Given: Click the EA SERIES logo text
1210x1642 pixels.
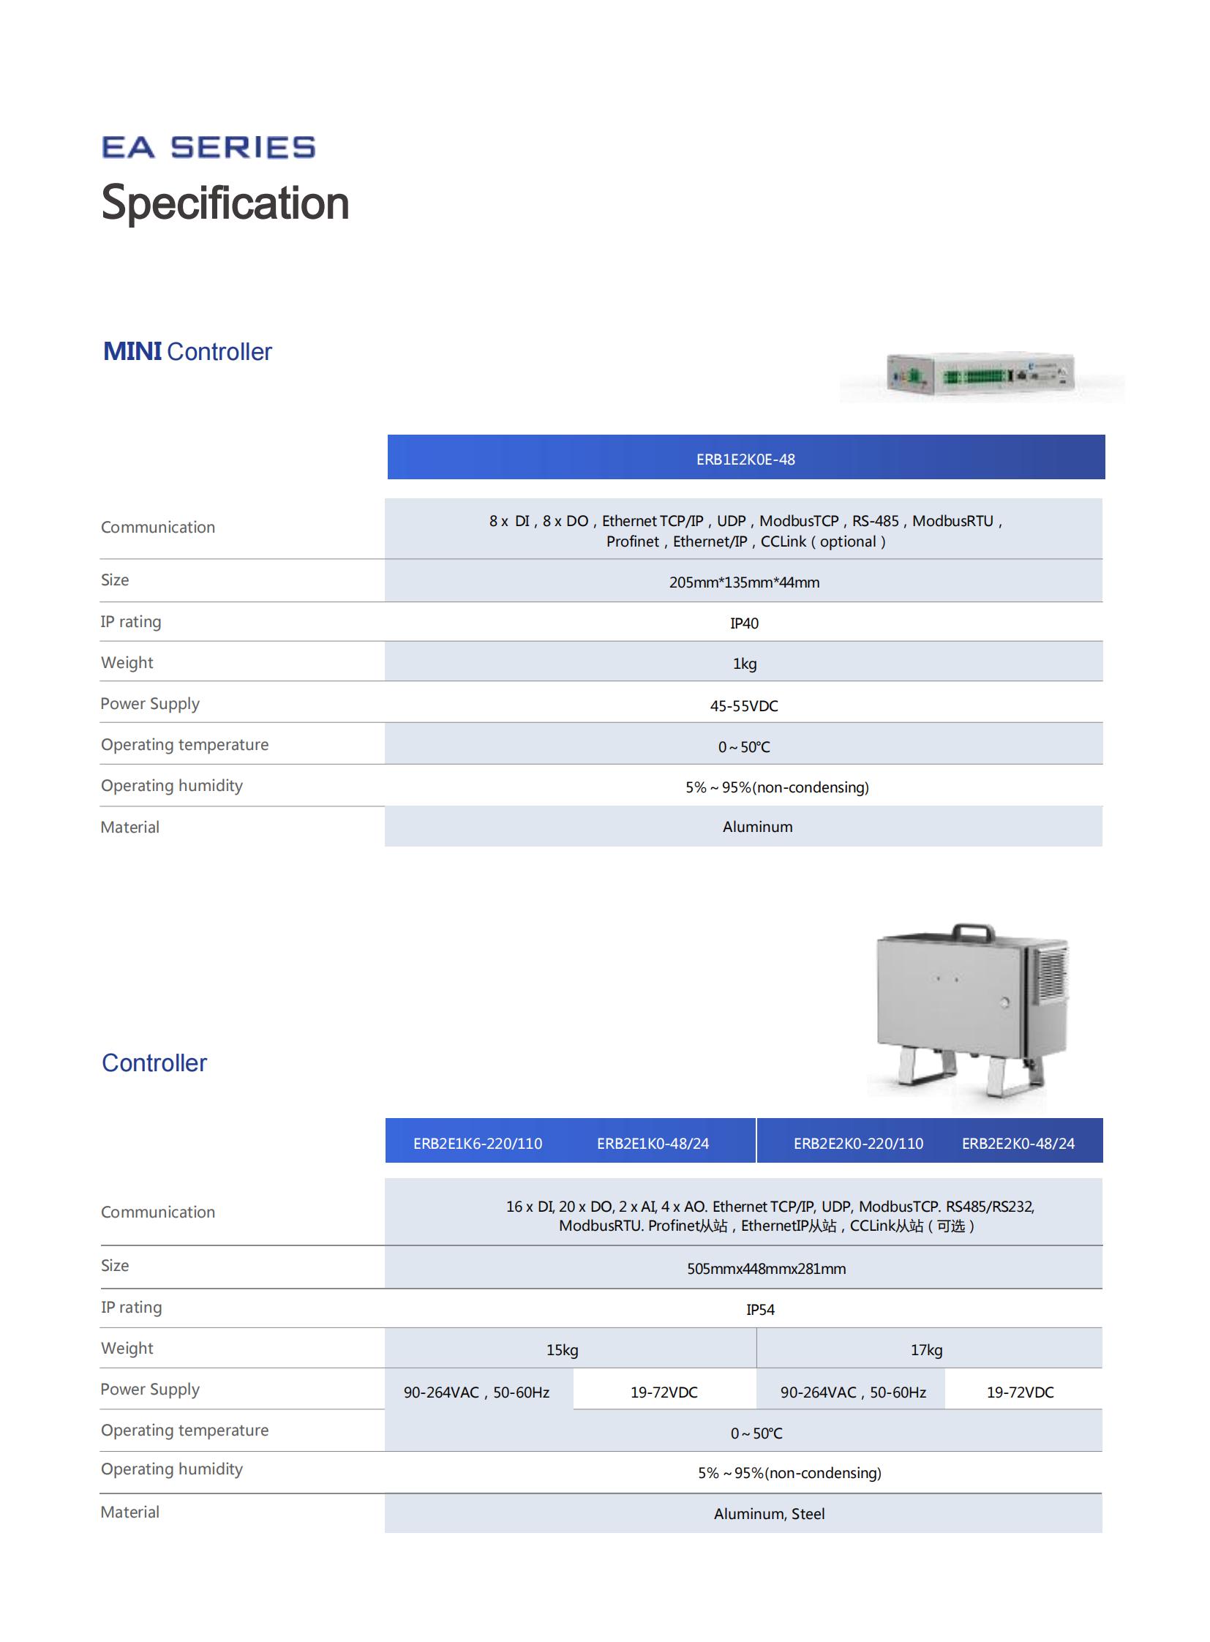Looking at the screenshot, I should click(x=208, y=147).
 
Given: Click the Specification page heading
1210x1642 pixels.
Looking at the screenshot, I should click(x=225, y=203).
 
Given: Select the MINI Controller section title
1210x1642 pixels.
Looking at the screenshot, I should click(x=187, y=352).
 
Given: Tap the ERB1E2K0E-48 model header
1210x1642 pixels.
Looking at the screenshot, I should click(x=745, y=460).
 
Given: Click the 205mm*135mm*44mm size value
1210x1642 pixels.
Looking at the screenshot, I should click(x=743, y=582).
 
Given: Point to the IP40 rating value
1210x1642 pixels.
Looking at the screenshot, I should click(x=743, y=623).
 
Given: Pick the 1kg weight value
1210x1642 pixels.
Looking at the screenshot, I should click(x=744, y=664).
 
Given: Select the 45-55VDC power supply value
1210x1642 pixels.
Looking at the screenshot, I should click(x=743, y=705).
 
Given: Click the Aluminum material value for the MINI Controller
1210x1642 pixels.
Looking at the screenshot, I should click(x=756, y=827).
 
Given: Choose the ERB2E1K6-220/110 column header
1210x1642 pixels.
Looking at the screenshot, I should click(x=478, y=1144).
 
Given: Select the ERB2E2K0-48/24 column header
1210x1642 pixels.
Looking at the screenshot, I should click(x=1018, y=1144).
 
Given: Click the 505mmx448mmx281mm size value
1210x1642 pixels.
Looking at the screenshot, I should click(x=765, y=1269).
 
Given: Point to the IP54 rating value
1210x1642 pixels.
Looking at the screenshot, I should click(x=759, y=1309).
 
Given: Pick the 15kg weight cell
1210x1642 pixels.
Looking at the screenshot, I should click(x=562, y=1349).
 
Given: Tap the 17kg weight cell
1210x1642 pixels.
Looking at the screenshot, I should click(x=926, y=1349).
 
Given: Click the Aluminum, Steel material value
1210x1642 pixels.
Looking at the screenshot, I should click(x=768, y=1514).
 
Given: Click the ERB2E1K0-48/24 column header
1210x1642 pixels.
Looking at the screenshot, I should click(x=653, y=1144).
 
